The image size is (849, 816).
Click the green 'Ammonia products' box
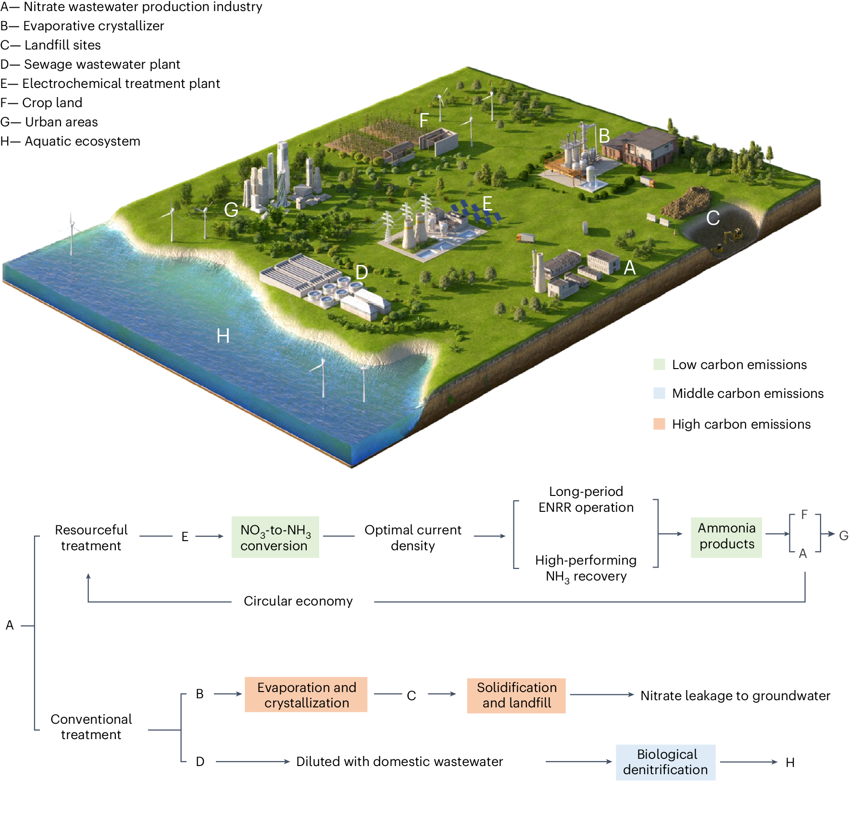coord(726,537)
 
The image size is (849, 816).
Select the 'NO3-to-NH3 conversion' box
coord(275,537)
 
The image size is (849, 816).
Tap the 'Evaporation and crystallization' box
coord(306,694)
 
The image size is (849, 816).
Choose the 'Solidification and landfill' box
coord(516,695)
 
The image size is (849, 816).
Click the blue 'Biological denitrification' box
coord(665,762)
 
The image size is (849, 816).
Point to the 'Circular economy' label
coord(298,601)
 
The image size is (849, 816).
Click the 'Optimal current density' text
coord(412,537)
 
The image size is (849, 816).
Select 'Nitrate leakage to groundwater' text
coord(735,695)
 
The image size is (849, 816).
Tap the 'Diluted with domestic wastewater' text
coord(400,761)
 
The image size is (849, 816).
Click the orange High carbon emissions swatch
coord(659,424)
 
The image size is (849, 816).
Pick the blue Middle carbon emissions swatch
coord(659,393)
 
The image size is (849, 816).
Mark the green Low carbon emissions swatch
coord(659,364)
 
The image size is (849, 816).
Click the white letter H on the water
coord(223,336)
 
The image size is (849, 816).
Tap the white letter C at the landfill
coord(713,218)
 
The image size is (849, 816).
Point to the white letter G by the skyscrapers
coord(231,210)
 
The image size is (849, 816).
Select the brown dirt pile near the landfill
coord(686,203)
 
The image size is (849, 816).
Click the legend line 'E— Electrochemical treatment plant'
coord(110,84)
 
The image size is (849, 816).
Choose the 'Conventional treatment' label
coord(91,727)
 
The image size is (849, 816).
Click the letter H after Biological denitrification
coord(790,762)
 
